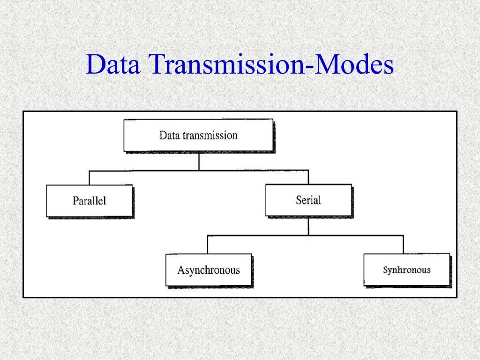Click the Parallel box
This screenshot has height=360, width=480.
(89, 201)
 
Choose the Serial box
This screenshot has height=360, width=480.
(308, 200)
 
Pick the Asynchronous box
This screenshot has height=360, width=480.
(208, 270)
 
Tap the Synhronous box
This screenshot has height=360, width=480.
(406, 270)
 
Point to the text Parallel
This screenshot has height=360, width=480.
(89, 201)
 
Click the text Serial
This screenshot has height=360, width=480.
(308, 200)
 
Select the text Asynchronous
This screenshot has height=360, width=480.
(208, 270)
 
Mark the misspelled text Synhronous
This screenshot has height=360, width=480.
(406, 270)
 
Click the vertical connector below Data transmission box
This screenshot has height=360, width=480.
(199, 161)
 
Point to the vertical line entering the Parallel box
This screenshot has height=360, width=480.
(89, 178)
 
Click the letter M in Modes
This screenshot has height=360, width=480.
(324, 65)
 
